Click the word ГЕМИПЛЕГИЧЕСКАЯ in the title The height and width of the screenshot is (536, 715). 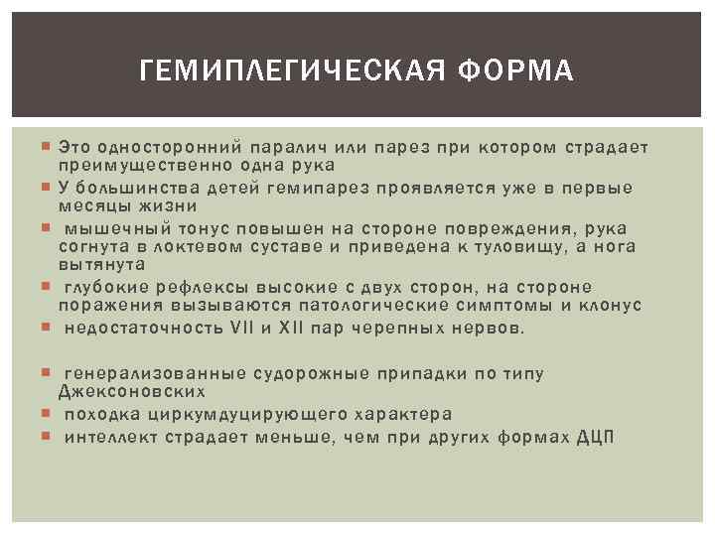point(283,71)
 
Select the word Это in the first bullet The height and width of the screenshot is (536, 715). point(76,147)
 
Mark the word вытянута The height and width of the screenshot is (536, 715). point(101,265)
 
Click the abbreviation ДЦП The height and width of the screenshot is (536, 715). point(595,434)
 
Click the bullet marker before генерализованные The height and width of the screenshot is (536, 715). point(48,373)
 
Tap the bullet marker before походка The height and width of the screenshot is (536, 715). point(48,414)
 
